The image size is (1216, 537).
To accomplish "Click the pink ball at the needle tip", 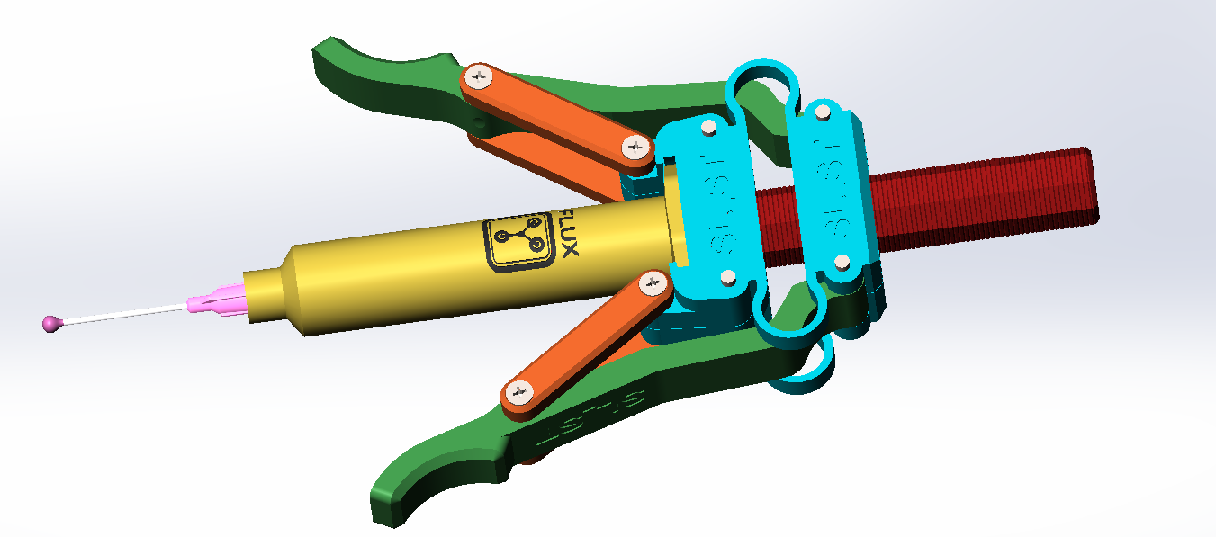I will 51,323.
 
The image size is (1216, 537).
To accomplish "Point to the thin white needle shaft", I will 126,312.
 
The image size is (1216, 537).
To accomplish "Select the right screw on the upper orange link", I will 635,145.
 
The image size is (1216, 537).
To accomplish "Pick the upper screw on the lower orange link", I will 653,285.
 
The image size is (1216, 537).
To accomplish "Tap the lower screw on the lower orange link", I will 518,392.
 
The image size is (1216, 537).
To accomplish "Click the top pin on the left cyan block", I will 708,129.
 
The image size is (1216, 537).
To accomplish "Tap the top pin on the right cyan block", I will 822,112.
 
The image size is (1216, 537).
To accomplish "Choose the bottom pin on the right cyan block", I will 842,263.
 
